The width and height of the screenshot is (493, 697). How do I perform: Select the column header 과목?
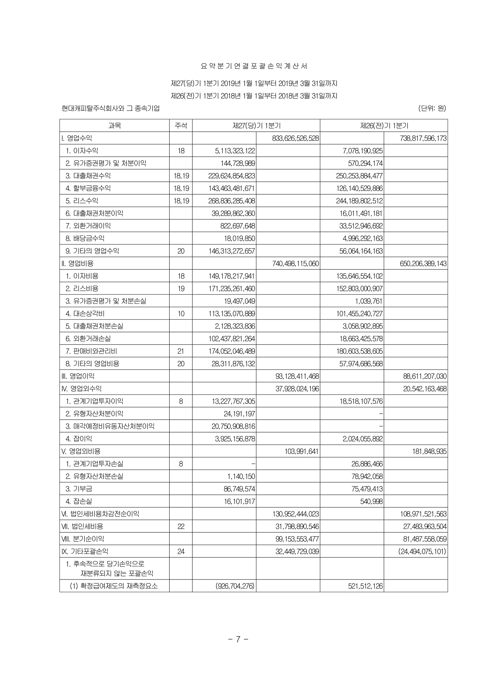[x=114, y=125]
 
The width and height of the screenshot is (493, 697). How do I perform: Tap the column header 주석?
[x=181, y=125]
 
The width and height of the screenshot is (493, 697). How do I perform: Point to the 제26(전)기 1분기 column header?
[x=384, y=125]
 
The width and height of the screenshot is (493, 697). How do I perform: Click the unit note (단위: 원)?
[x=432, y=108]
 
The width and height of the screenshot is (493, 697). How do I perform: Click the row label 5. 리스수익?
[x=82, y=201]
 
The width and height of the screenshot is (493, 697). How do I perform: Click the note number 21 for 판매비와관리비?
[x=181, y=351]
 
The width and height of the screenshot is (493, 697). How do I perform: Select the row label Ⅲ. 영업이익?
[x=78, y=376]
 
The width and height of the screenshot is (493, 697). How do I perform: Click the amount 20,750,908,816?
[x=233, y=426]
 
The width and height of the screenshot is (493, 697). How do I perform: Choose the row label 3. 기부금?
[x=79, y=489]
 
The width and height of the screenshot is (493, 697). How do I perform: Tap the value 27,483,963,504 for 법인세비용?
[x=425, y=526]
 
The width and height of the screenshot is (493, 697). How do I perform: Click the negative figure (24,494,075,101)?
[x=422, y=551]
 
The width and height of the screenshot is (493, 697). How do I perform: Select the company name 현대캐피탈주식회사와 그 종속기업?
[x=110, y=108]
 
